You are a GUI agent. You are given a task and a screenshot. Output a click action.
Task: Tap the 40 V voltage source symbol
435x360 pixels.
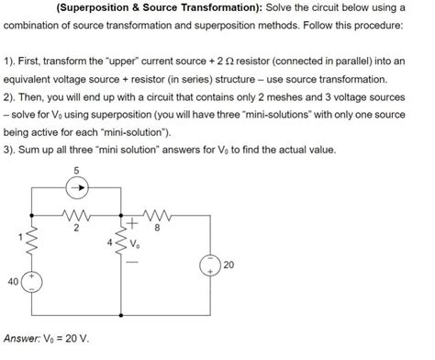pos(31,282)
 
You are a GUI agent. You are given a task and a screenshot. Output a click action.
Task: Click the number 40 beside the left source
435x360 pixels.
pos(13,282)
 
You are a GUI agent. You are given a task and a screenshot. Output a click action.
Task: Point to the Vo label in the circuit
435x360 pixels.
pos(139,246)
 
